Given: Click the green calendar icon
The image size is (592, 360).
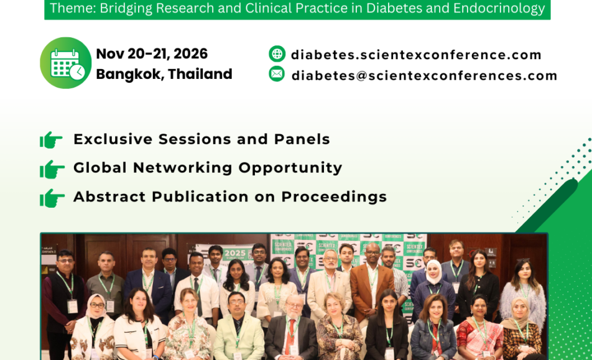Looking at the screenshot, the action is click(x=66, y=63).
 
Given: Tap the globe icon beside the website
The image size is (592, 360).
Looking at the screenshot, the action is click(x=277, y=53).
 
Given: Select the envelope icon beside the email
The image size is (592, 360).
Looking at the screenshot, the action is click(x=277, y=73).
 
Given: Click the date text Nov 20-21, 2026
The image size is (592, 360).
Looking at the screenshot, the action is click(x=152, y=53).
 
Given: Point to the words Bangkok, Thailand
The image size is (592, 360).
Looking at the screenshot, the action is click(x=164, y=74).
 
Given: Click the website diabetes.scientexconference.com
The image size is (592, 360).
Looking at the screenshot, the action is click(x=416, y=55).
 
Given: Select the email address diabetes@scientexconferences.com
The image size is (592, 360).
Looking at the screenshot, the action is click(x=424, y=75).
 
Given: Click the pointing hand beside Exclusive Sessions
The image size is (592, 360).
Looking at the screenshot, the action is click(x=51, y=140).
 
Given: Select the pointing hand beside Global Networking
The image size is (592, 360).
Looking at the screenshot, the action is click(x=52, y=169).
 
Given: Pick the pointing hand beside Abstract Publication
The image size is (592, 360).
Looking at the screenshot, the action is click(x=52, y=198).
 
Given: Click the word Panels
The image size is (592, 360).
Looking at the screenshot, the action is click(x=302, y=139).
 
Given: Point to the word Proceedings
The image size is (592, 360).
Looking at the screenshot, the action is click(x=334, y=197).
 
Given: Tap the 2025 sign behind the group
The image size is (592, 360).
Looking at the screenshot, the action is click(x=235, y=253).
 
